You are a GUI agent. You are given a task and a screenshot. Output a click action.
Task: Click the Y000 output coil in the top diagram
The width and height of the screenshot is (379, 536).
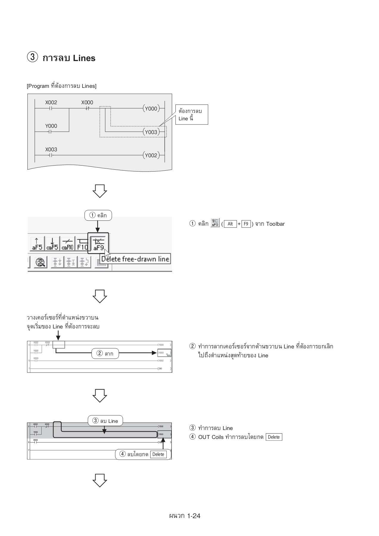[x=151, y=109]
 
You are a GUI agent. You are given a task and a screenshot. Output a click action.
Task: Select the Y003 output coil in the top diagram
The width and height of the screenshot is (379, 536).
[x=151, y=132]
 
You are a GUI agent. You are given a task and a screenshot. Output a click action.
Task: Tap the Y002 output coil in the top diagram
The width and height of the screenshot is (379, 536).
[x=151, y=155]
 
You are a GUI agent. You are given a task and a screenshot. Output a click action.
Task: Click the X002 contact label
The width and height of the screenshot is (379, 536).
[x=51, y=102]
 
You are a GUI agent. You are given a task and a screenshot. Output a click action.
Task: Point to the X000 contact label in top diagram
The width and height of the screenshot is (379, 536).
[x=87, y=102]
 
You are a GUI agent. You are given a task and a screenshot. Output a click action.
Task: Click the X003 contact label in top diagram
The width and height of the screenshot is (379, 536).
[x=51, y=149]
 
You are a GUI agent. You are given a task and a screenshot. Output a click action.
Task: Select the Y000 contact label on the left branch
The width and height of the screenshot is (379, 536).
[x=51, y=126]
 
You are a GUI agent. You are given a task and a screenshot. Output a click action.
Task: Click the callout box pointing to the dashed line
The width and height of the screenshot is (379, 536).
[x=191, y=115]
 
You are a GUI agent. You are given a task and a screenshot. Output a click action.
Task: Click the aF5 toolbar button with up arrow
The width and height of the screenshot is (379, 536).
[x=37, y=244]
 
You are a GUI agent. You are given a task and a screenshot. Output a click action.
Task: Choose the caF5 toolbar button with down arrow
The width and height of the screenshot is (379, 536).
[x=52, y=244]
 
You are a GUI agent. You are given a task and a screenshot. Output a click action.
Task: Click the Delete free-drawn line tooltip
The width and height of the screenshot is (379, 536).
[x=135, y=259]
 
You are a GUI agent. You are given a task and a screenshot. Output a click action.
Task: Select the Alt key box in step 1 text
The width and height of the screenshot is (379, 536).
[x=230, y=224]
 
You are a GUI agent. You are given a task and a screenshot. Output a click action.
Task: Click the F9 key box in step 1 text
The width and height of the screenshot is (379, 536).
[x=246, y=224]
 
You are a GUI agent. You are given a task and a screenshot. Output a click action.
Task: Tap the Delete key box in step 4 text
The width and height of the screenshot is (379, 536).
[x=274, y=437]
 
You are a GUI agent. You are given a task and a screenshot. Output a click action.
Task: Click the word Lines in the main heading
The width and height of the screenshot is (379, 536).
[x=84, y=58]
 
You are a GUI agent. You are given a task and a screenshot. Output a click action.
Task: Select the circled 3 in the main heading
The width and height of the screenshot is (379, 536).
[x=32, y=57]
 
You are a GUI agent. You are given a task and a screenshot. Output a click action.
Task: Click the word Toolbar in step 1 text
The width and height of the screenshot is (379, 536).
[x=275, y=224]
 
